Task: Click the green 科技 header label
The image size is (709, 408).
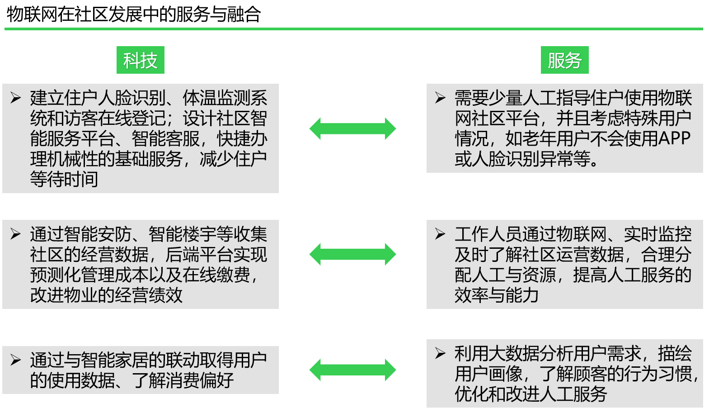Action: click(140, 60)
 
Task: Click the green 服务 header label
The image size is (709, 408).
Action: click(564, 60)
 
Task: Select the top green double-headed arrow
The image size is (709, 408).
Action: click(352, 128)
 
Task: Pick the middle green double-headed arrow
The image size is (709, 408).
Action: click(352, 254)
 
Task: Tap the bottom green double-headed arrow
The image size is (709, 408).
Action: click(352, 370)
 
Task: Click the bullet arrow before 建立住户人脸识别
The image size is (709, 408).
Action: click(16, 98)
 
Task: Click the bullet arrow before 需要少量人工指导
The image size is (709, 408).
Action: click(440, 98)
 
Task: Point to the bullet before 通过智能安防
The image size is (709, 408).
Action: click(16, 234)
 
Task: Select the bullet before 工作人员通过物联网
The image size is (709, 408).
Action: click(440, 234)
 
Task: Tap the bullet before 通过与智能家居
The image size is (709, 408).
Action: click(16, 360)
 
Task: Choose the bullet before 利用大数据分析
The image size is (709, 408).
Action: click(440, 353)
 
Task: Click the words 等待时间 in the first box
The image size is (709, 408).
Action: click(64, 180)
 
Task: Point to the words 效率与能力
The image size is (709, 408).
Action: click(497, 295)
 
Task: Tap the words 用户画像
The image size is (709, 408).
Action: click(488, 374)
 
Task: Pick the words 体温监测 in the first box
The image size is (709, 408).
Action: click(216, 98)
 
